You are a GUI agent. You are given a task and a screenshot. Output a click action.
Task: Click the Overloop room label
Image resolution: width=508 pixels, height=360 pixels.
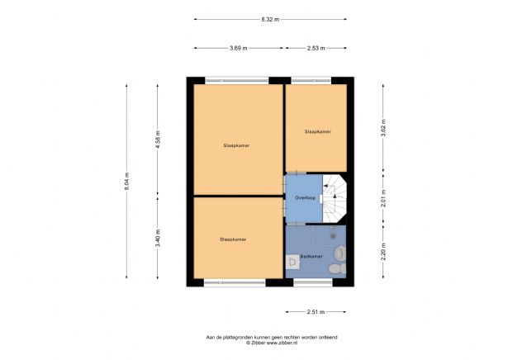306,198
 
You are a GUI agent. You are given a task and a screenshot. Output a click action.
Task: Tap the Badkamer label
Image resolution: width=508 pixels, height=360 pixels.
311,257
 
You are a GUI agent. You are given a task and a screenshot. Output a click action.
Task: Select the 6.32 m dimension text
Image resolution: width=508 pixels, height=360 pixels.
270,18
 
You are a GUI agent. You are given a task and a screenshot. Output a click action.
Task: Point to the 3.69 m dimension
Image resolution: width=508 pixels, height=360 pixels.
239,48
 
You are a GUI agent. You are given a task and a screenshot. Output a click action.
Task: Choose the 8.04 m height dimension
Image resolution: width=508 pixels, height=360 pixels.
127,181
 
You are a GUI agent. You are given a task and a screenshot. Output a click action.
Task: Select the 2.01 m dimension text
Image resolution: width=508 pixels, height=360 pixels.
383,198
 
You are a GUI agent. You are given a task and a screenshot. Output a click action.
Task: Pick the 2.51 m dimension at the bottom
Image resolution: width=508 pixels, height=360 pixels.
316,312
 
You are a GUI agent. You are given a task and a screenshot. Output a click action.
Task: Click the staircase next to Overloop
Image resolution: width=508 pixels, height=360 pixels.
335,199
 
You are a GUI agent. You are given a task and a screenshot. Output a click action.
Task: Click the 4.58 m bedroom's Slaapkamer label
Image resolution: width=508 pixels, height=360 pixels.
236,145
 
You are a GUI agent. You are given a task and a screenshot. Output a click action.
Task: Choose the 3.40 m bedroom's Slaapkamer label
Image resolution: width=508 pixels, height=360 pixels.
233,239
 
